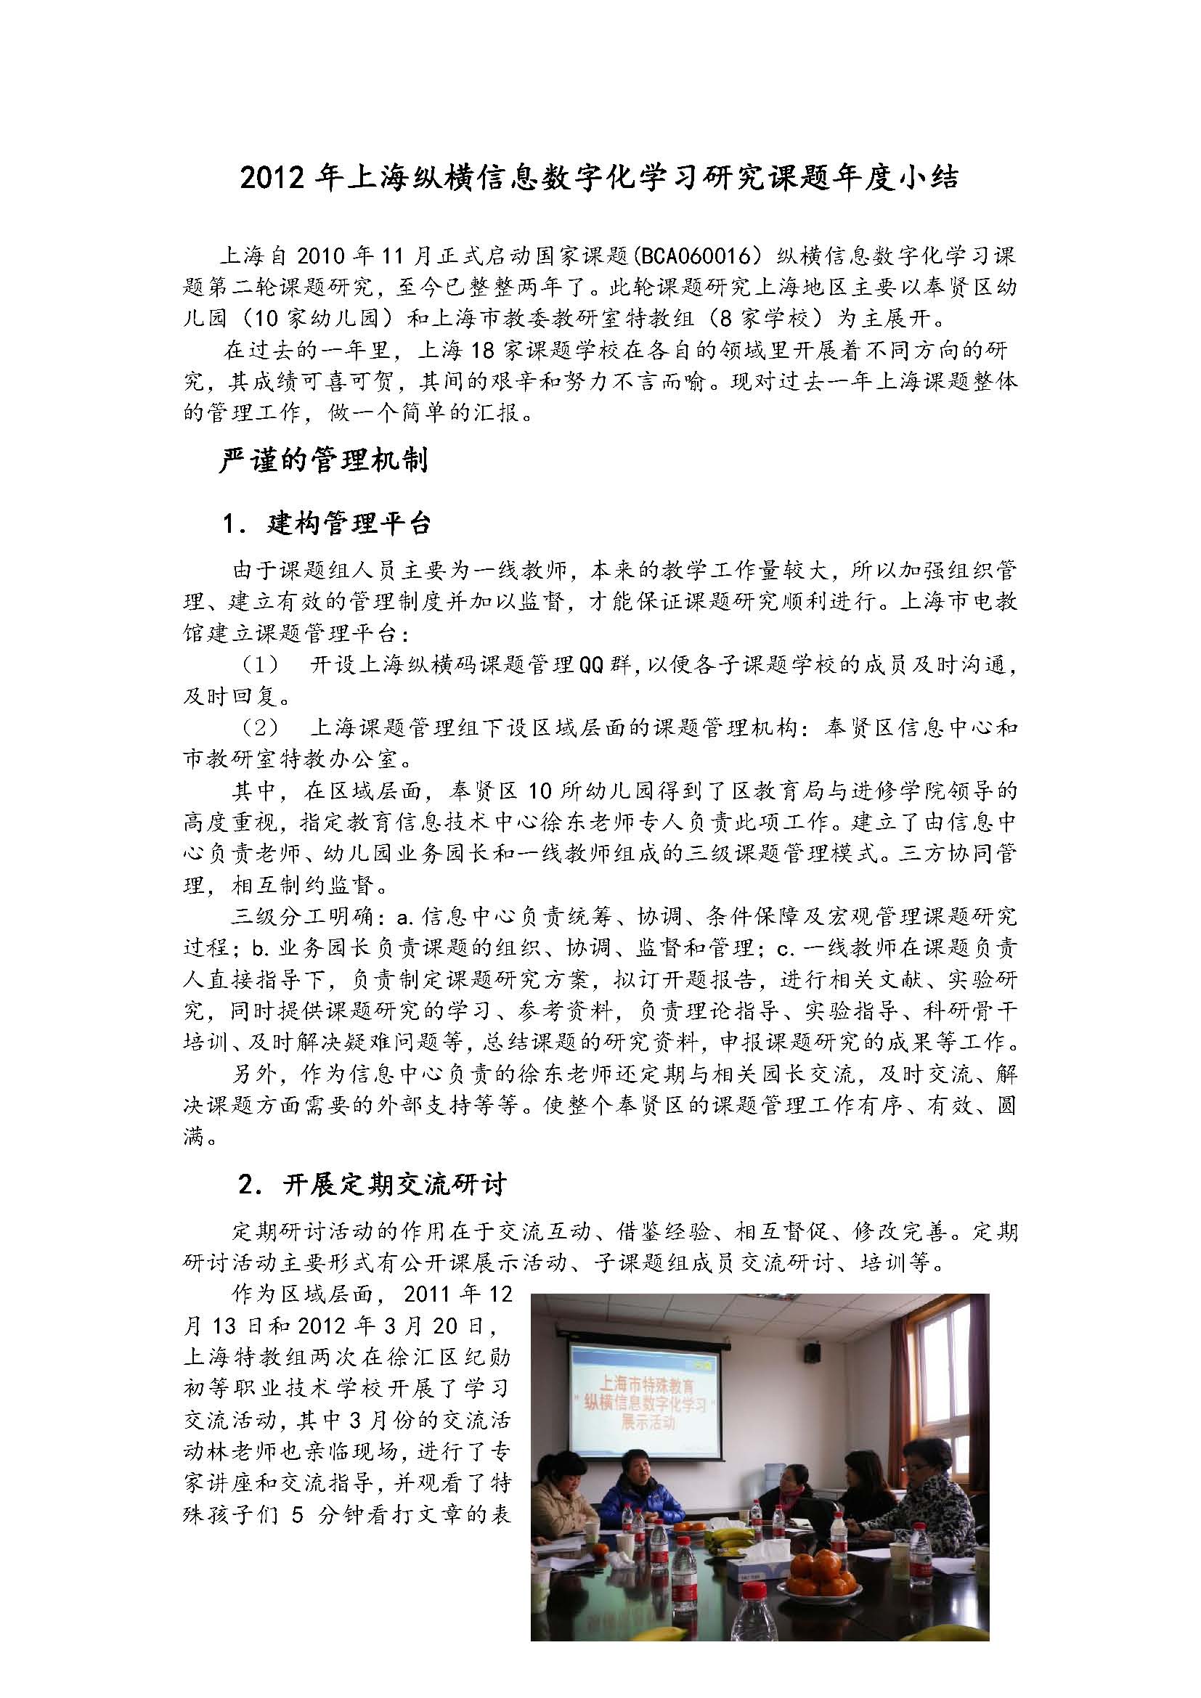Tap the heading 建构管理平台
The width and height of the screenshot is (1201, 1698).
pos(348,523)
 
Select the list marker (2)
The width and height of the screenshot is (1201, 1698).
pos(258,727)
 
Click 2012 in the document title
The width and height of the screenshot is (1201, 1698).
pos(272,180)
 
